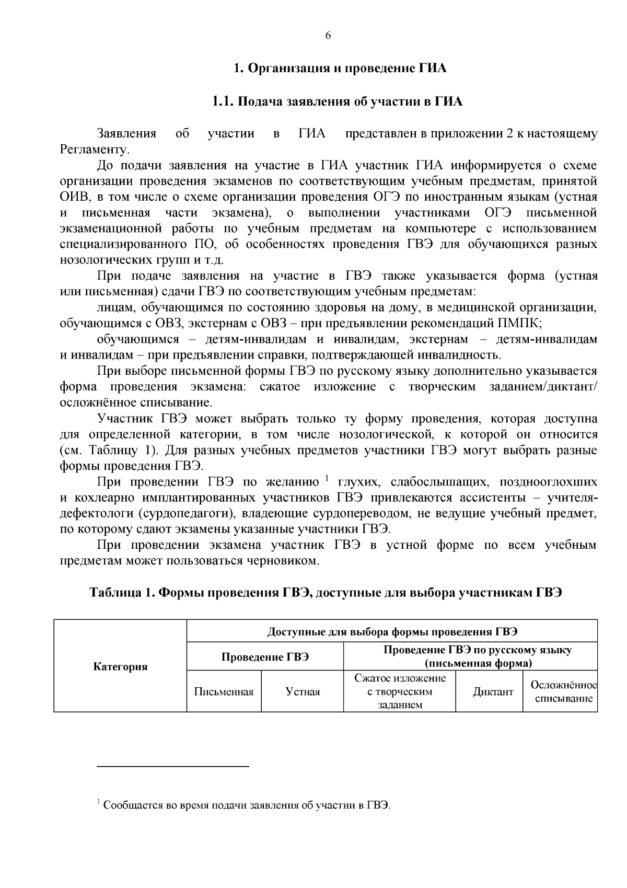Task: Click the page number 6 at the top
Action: (328, 36)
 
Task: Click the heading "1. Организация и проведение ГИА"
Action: (340, 68)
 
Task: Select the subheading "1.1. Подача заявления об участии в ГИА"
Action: (337, 101)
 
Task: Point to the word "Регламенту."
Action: (95, 149)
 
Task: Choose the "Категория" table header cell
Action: (120, 666)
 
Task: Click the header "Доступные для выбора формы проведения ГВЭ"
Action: (392, 631)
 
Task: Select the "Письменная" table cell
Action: (224, 692)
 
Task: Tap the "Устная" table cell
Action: (303, 692)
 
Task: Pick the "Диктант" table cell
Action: (493, 692)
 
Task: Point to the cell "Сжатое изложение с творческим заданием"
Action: (400, 692)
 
